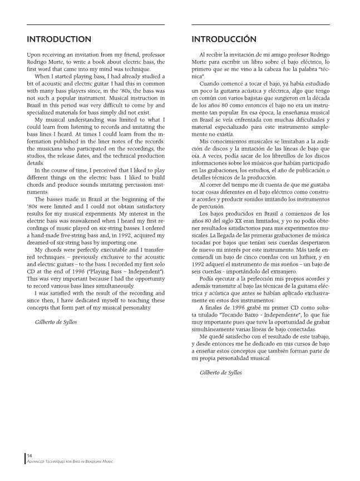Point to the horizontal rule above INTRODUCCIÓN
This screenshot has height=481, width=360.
(261, 24)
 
